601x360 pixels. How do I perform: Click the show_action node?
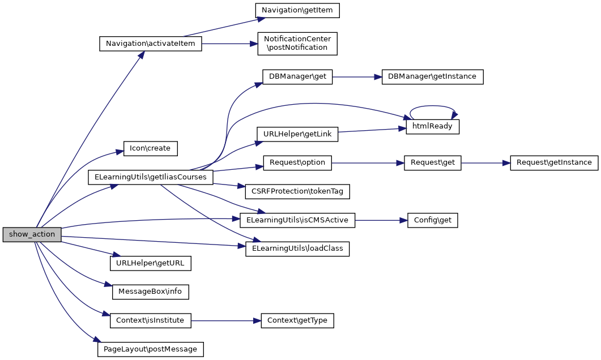pos(32,234)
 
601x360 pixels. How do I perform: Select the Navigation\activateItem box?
pos(150,44)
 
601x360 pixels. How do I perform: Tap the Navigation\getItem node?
pos(297,10)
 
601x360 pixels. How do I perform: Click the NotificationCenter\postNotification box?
pos(297,43)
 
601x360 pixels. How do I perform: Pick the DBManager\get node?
pos(297,76)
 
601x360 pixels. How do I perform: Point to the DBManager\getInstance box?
pos(432,76)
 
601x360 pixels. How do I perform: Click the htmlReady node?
pos(432,126)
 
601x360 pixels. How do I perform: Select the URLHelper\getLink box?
pos(297,134)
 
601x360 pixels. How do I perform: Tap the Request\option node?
pos(297,162)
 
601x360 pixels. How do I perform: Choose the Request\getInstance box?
pos(553,162)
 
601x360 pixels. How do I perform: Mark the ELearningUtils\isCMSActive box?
pos(297,220)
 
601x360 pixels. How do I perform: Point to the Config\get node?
pos(432,220)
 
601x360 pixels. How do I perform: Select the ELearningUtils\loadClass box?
pos(297,248)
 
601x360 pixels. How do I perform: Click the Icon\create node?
pos(151,149)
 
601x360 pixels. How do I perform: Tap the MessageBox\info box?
pos(150,292)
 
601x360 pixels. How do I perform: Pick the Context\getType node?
pos(297,320)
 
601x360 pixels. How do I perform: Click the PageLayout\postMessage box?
pos(150,349)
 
